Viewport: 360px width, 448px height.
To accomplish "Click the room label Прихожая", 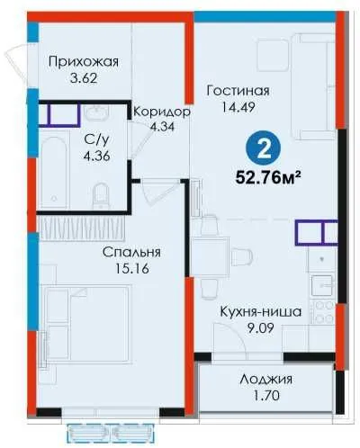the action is tap(84, 62).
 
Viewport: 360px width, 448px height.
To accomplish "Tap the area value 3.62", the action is tap(84, 78).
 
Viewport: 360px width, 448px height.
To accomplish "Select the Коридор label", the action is tap(162, 112).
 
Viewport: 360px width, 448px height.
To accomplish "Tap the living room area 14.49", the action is tap(238, 107).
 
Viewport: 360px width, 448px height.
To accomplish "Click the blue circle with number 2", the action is tap(264, 148).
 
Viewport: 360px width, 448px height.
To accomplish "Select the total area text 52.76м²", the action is tap(268, 177).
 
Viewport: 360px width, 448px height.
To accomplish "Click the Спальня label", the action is tap(131, 253).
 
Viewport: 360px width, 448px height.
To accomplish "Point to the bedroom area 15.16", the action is tap(132, 269).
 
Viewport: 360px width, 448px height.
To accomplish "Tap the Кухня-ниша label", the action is tap(261, 312).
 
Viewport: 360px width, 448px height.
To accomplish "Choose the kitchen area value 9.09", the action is tap(260, 328).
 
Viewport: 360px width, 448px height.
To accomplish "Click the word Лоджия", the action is tap(266, 380).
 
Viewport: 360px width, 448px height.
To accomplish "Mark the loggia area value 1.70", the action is tap(266, 395).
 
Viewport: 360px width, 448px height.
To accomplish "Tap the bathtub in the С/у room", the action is tap(54, 173).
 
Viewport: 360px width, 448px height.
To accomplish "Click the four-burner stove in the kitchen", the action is tap(321, 312).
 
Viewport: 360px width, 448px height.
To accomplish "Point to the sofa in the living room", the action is tap(313, 86).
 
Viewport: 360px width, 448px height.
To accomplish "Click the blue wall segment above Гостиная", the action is tap(265, 16).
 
